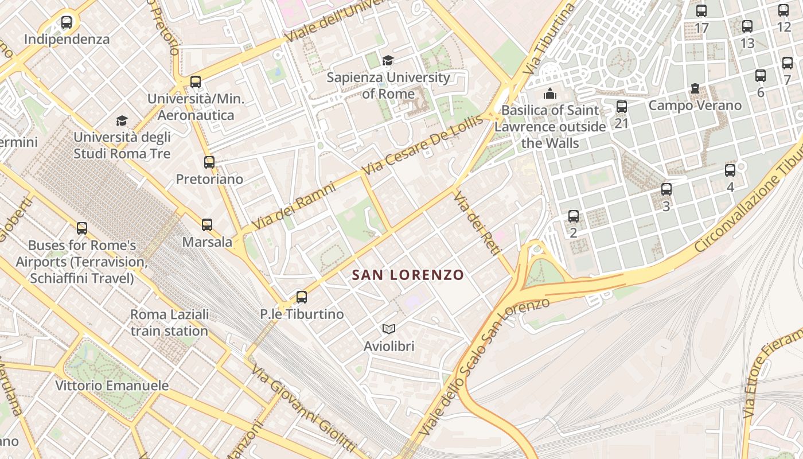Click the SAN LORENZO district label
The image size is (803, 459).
(x=407, y=275)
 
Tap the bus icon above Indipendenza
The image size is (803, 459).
(x=67, y=23)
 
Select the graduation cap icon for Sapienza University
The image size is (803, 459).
(x=388, y=60)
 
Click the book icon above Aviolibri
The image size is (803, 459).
(x=389, y=329)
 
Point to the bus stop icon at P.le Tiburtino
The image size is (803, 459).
(x=302, y=297)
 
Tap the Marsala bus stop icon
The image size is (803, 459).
(x=207, y=225)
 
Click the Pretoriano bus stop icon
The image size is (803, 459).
(x=209, y=162)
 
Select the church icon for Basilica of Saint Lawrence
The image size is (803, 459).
(x=550, y=93)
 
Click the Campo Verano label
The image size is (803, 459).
(x=695, y=106)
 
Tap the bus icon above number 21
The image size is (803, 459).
(x=622, y=107)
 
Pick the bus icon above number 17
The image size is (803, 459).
(x=701, y=11)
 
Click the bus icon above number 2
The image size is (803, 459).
(x=574, y=216)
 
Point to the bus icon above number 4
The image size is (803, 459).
(x=730, y=170)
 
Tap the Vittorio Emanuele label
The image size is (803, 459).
(x=112, y=385)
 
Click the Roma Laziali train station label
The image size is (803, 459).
(x=169, y=322)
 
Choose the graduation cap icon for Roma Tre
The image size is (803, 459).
(x=122, y=120)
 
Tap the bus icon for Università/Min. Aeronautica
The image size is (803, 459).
(x=196, y=82)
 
